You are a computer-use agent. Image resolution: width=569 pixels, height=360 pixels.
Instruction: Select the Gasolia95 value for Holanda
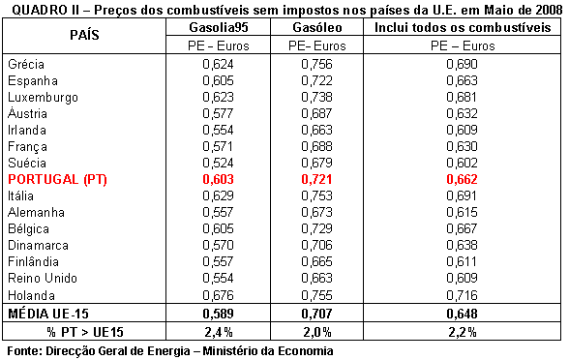click(218, 295)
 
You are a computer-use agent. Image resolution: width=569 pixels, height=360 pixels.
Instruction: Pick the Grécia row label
click(26, 64)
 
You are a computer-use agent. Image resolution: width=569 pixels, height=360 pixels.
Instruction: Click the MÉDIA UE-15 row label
click(48, 314)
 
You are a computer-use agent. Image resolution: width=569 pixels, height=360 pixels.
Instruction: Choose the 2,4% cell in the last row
click(218, 332)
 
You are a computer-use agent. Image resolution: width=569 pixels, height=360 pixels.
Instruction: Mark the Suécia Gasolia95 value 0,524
click(218, 163)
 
